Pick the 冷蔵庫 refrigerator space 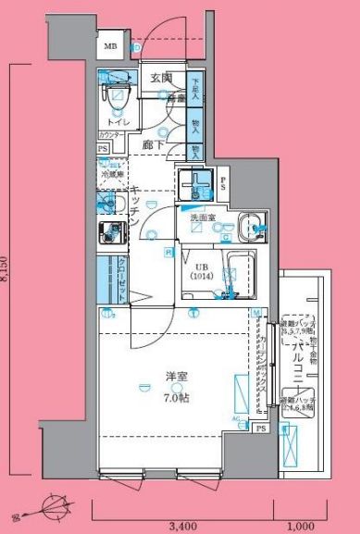click(x=111, y=172)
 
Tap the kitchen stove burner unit click(x=111, y=233)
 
